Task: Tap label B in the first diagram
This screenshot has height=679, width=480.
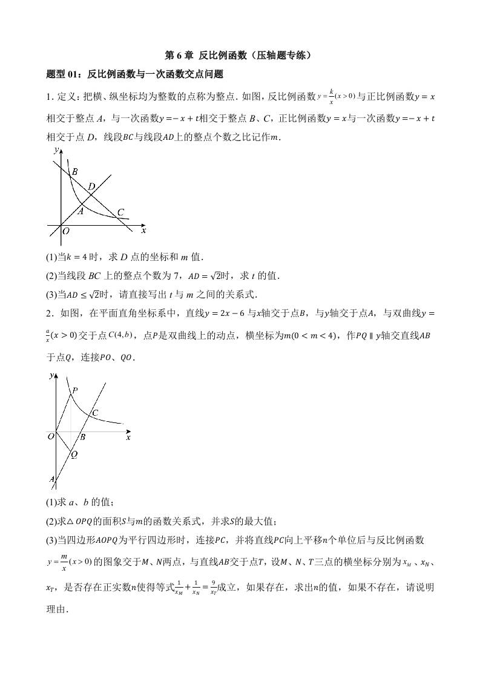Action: [74, 172]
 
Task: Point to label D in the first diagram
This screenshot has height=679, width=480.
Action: [91, 186]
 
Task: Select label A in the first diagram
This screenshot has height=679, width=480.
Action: [81, 211]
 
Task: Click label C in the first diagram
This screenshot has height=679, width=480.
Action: [120, 212]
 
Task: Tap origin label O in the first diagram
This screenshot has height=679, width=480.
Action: [66, 231]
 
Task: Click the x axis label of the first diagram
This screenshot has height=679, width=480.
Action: [143, 231]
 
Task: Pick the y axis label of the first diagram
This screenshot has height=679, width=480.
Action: [56, 149]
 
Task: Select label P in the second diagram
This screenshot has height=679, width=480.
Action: [75, 391]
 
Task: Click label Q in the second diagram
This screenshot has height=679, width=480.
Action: [74, 455]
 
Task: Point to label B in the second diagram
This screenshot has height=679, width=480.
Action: [82, 437]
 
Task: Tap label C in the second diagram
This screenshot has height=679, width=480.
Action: [95, 413]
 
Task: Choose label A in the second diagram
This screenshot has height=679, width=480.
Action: [52, 480]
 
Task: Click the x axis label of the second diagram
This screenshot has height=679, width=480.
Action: [128, 437]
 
